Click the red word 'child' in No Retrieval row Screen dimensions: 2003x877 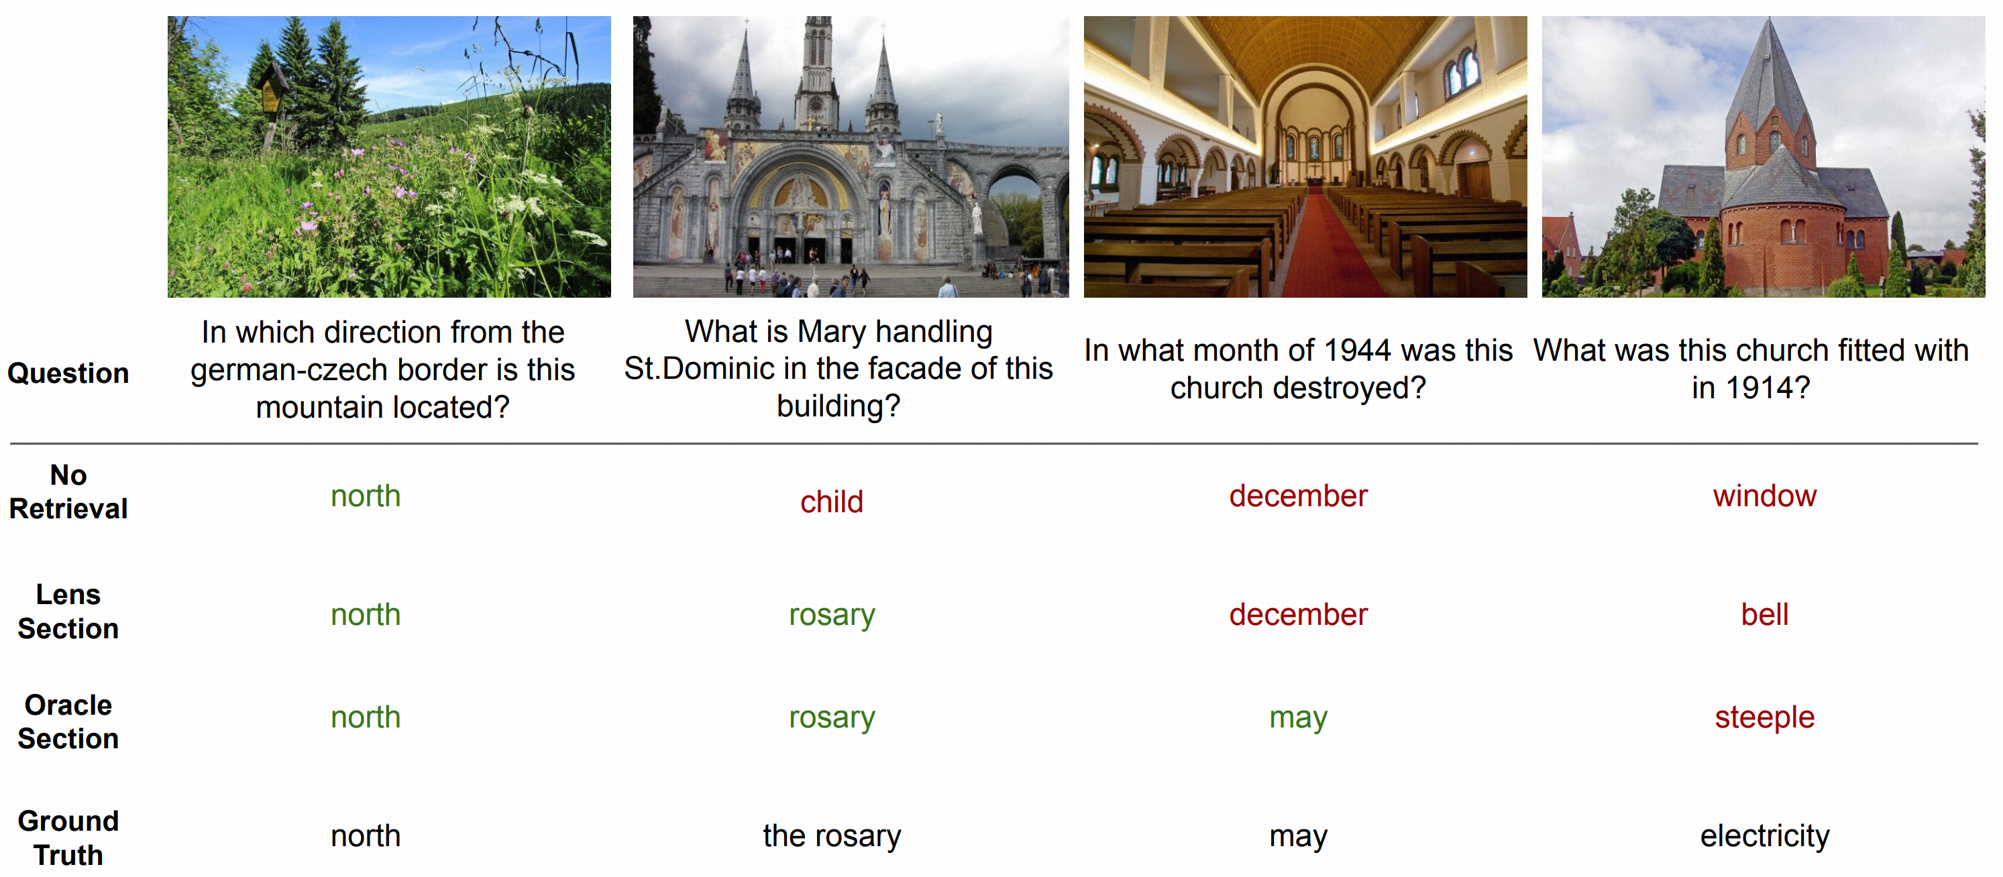831,502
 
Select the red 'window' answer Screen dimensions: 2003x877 1764,496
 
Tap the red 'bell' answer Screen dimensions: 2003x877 1764,614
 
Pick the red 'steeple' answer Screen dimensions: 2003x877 1764,717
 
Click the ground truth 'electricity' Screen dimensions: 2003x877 1764,836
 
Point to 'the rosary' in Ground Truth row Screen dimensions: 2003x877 831,836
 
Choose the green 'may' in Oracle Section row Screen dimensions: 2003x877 1298,717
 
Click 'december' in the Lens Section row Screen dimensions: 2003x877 1298,614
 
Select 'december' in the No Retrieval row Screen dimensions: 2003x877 1298,496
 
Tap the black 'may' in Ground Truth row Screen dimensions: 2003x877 1298,837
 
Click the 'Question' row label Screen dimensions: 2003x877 68,373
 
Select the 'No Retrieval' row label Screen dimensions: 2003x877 68,491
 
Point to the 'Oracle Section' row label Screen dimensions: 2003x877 68,721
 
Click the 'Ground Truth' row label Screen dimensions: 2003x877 68,838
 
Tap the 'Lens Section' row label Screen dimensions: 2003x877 68,611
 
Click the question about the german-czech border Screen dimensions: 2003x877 382,369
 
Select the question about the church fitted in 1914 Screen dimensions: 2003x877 1751,369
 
